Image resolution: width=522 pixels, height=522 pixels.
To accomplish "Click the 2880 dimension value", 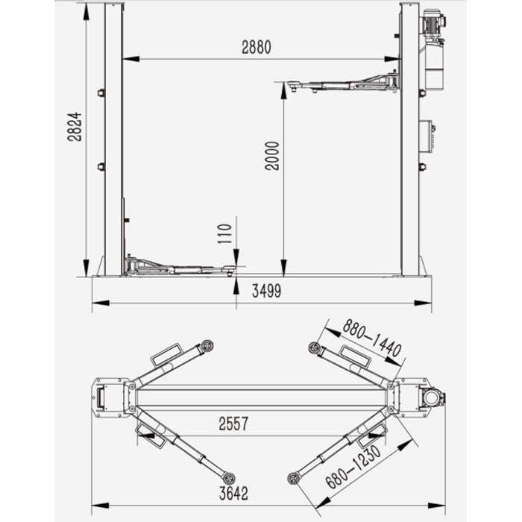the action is tap(257, 47).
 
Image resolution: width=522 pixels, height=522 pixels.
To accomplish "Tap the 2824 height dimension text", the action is tap(75, 127).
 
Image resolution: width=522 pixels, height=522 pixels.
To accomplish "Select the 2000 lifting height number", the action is tap(272, 156).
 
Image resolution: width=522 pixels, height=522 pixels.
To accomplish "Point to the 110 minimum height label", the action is tap(224, 233).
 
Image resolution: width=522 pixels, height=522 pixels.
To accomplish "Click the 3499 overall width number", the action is tap(266, 291).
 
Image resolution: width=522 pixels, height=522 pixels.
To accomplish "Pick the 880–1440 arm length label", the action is tap(372, 339).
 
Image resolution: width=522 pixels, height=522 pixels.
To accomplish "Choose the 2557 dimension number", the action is tap(233, 424).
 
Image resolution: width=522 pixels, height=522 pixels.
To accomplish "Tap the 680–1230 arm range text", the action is tap(353, 467).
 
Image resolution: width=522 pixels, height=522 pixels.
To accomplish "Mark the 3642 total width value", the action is tap(233, 494).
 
